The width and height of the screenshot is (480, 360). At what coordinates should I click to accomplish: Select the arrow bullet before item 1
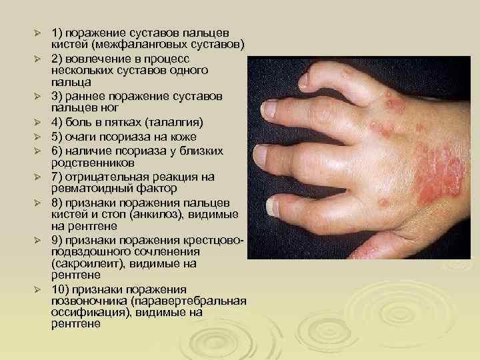(x=39, y=33)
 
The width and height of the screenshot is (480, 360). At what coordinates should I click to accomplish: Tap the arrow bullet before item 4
(x=39, y=123)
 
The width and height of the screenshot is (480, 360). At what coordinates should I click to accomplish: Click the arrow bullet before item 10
(x=39, y=289)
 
